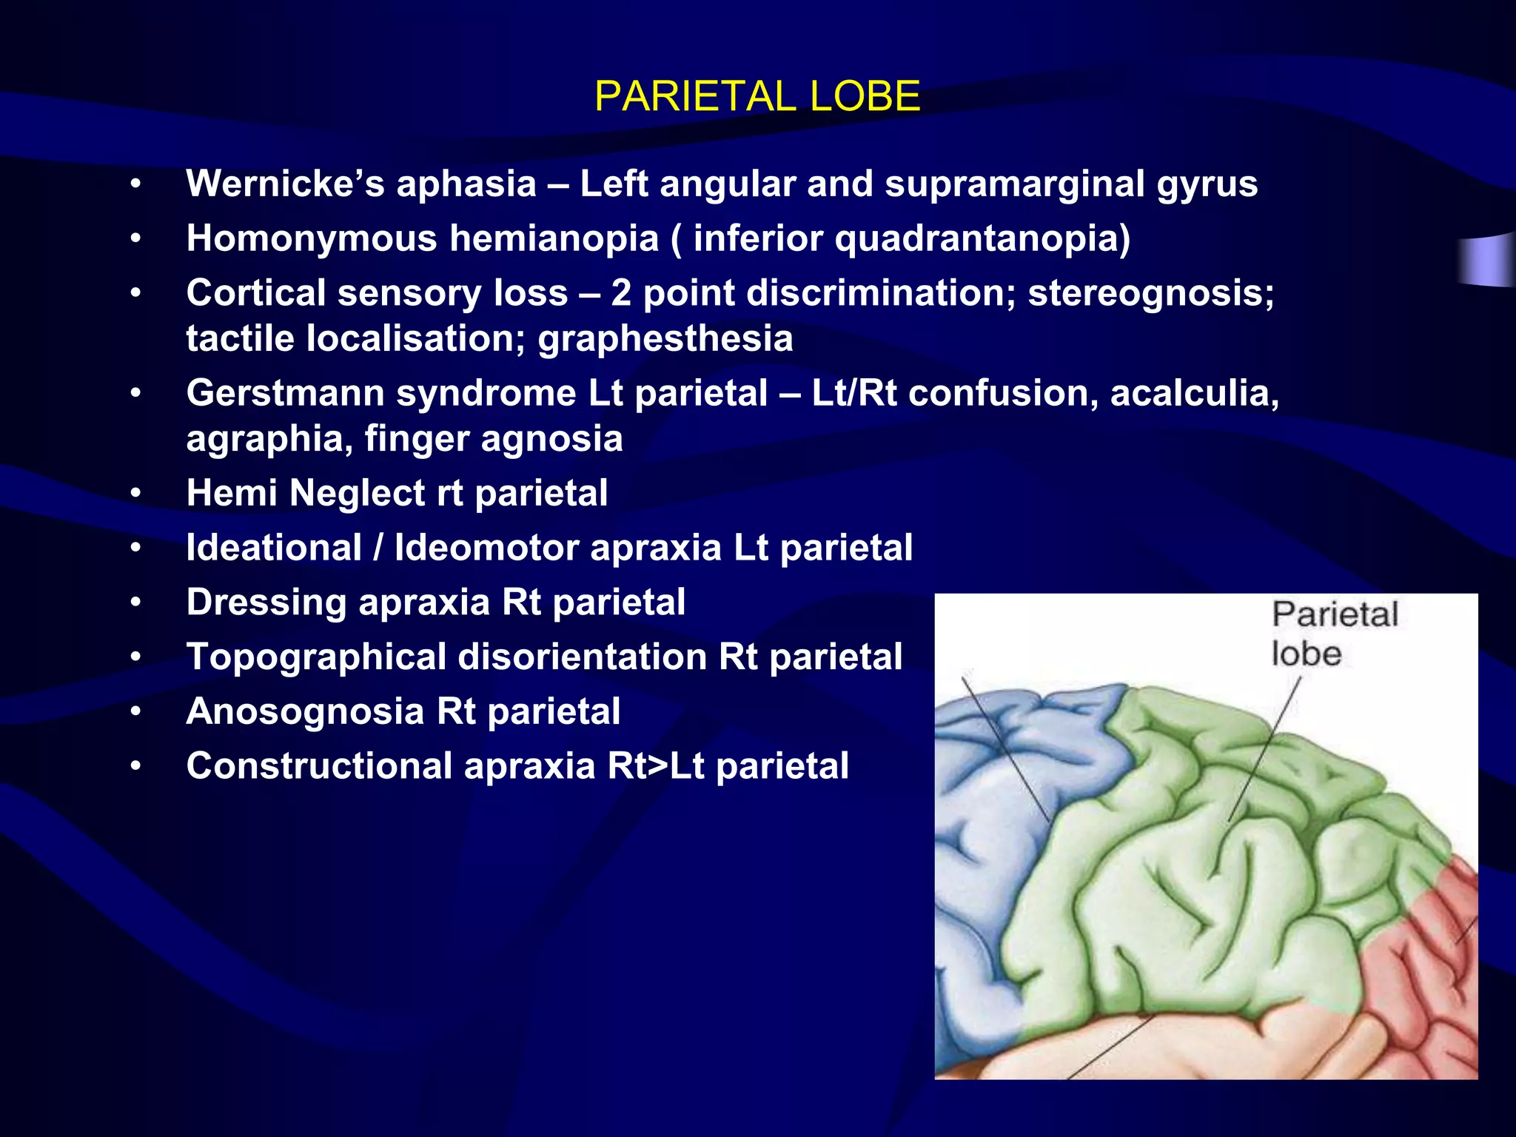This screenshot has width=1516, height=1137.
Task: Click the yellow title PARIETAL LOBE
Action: [757, 96]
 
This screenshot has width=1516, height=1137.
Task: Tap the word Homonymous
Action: [312, 238]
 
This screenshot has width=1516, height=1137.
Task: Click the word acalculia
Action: [1194, 392]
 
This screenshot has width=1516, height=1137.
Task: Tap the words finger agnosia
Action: [493, 438]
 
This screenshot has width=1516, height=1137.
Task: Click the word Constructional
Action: [319, 765]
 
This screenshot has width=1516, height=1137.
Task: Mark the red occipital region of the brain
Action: [1429, 977]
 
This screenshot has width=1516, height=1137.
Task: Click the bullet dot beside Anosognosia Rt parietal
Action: [135, 712]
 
